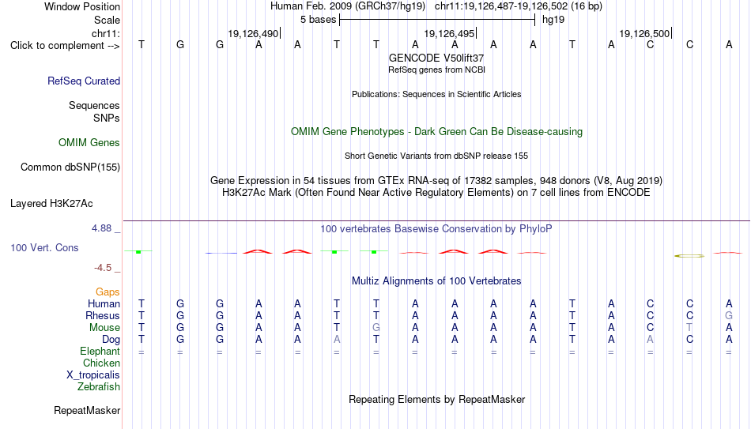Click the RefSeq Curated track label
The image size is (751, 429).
coord(84,81)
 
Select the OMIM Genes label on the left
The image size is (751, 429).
coord(89,143)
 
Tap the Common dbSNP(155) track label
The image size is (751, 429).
coord(70,167)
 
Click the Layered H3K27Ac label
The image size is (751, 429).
coord(51,204)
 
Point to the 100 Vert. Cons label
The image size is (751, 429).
coord(44,247)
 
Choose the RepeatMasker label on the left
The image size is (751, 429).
coord(87,410)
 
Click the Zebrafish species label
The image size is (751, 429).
coord(99,386)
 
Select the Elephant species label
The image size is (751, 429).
coord(100,351)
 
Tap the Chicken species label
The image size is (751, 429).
coord(101,363)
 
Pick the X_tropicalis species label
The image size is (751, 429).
coord(93,375)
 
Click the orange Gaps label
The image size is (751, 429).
coord(108,292)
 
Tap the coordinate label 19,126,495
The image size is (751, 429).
coord(449,33)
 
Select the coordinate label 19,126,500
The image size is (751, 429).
coord(644,33)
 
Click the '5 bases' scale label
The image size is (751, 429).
coord(318,20)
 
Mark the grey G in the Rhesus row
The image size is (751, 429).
coord(729,315)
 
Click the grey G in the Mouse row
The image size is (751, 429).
coord(376,328)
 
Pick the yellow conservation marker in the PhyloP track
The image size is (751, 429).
coord(689,256)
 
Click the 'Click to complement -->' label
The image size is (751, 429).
coord(65,46)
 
